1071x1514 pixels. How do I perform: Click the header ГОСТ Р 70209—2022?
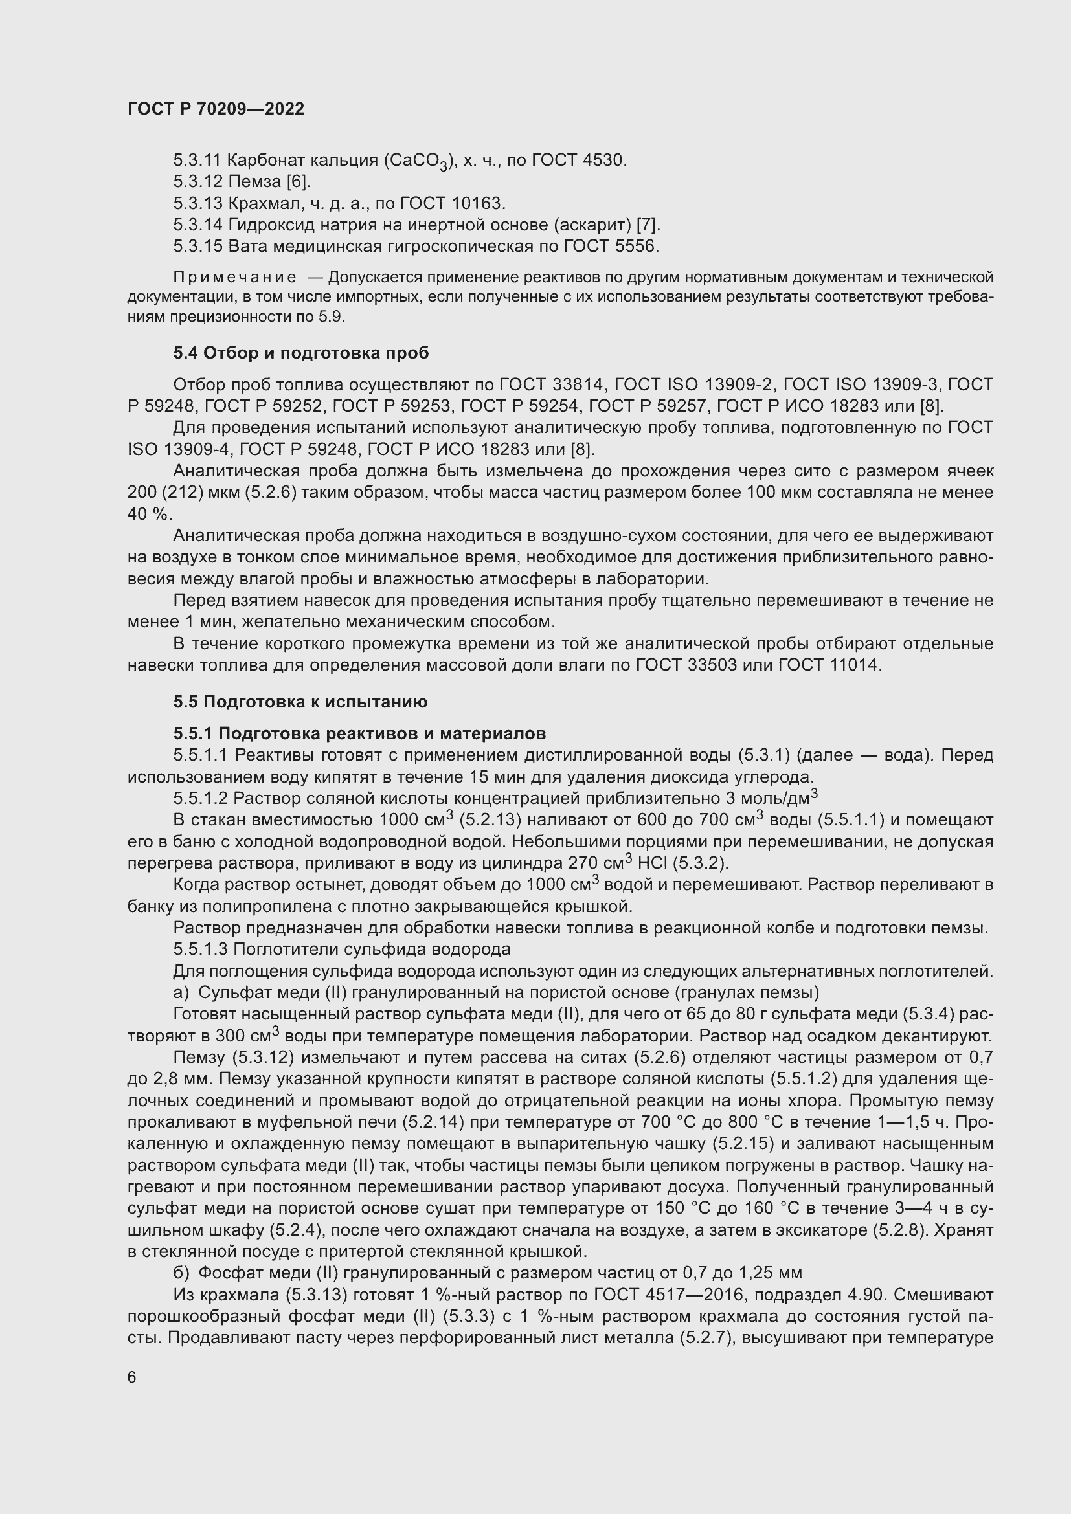click(216, 109)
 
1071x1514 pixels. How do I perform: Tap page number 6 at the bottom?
click(132, 1377)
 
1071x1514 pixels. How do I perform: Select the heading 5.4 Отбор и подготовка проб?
click(300, 353)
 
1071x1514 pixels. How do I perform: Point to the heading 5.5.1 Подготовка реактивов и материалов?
click(359, 733)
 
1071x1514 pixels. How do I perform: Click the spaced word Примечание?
click(235, 277)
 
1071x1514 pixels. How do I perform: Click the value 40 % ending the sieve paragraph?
click(148, 514)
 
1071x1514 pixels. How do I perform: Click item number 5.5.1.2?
click(201, 799)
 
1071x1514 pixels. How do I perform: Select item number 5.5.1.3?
click(201, 949)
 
